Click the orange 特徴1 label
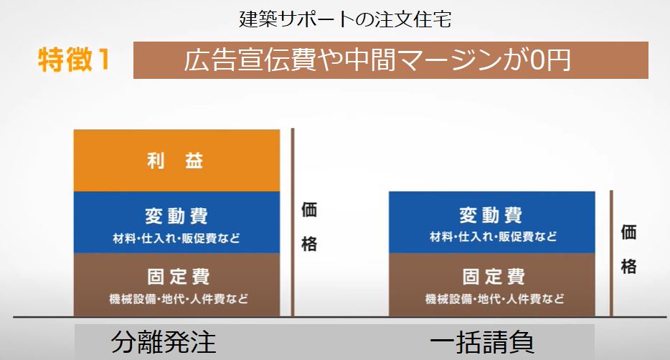click(x=75, y=60)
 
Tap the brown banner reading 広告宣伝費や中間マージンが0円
click(x=390, y=61)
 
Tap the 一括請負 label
click(x=482, y=342)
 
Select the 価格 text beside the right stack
click(x=628, y=249)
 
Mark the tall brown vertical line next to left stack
click(x=293, y=222)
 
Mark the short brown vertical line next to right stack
click(x=611, y=253)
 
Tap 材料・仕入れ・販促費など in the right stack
click(x=493, y=237)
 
